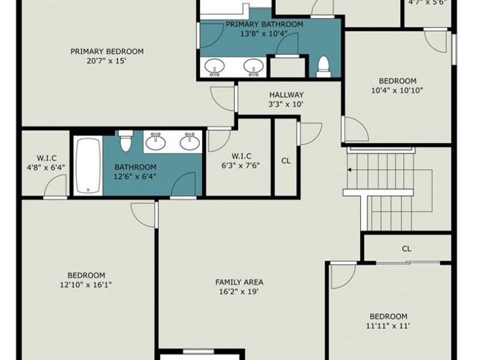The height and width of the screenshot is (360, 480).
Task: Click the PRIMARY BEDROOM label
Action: (x=107, y=52)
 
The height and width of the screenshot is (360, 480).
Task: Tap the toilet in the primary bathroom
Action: (x=323, y=67)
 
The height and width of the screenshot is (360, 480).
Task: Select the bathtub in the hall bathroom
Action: (x=88, y=166)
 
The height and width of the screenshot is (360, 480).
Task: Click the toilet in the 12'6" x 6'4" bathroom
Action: (x=125, y=141)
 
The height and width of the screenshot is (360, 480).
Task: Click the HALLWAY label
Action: (x=286, y=95)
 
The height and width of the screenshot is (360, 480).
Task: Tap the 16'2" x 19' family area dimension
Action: (x=239, y=292)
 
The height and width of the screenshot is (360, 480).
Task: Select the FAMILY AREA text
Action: (x=239, y=282)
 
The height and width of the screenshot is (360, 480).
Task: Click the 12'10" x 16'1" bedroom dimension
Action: (x=86, y=284)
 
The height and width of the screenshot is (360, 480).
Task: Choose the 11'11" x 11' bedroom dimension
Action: (x=388, y=326)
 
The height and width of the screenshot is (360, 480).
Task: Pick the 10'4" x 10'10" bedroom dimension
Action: (x=397, y=91)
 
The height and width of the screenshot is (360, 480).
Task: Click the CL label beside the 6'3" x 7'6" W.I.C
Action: (x=286, y=161)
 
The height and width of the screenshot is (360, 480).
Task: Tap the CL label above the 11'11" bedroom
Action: (x=407, y=249)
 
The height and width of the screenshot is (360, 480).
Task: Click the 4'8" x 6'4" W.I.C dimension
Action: (x=46, y=167)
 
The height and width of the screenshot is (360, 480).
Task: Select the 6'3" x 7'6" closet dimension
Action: (x=241, y=166)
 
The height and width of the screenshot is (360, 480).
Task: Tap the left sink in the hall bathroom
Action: (x=156, y=142)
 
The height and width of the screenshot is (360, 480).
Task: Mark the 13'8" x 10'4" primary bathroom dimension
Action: (x=263, y=34)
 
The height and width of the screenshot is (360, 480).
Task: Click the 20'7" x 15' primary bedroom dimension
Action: (x=107, y=61)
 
